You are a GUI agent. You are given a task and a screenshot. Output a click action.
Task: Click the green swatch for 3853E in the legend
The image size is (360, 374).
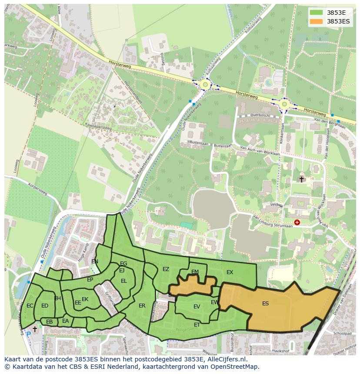pos(316,12)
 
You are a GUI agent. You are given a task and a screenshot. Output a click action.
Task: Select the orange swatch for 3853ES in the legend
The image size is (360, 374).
pos(316,21)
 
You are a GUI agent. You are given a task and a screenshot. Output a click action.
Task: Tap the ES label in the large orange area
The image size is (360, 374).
pos(265,304)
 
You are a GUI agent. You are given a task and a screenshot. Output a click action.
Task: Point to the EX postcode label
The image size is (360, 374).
pos(230,272)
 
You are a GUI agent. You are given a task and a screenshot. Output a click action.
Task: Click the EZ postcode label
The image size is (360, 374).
pos(166,269)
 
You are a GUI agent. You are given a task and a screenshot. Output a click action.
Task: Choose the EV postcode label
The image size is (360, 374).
pos(197,307)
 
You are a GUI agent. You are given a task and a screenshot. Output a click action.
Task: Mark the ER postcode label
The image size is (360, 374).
pos(142,306)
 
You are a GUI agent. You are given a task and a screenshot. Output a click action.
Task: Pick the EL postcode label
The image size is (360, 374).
pos(124,281)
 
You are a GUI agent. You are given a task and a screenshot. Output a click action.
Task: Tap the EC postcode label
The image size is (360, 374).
pos(30,306)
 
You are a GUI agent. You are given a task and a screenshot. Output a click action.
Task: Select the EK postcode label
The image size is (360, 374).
pos(85,299)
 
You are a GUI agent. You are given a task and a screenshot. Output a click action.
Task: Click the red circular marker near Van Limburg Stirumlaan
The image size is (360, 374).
pos(297,222)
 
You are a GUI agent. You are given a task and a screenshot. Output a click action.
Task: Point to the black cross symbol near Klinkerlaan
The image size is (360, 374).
pos(301,179)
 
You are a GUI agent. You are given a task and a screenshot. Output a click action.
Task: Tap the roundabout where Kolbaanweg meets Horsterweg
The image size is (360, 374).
pos(204,84)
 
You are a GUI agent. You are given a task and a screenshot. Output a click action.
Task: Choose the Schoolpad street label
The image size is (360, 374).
pos(341,333)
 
